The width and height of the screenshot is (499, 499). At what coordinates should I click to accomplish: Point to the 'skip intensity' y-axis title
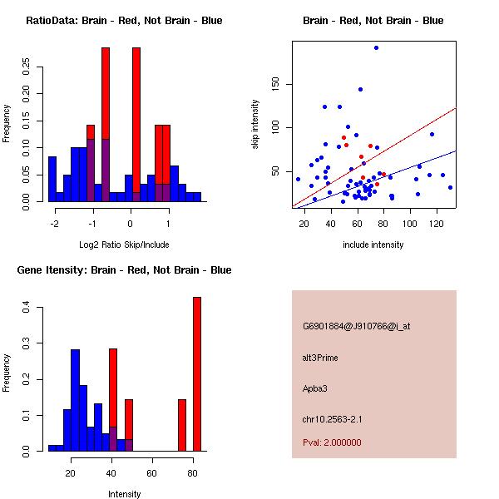[x=256, y=124]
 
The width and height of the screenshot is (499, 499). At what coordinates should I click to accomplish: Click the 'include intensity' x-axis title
[x=373, y=245]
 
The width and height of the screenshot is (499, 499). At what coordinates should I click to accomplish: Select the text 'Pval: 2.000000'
[x=333, y=442]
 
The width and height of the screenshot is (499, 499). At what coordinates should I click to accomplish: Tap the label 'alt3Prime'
[x=320, y=358]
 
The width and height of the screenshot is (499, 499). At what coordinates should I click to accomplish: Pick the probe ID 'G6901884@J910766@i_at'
[x=356, y=326]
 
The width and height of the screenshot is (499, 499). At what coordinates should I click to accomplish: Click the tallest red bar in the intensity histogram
[x=197, y=374]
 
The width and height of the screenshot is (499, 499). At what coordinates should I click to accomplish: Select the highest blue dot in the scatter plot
[x=376, y=48]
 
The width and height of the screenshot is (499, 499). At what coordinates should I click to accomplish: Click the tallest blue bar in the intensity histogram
[x=76, y=400]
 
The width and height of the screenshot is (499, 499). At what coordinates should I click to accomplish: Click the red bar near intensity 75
[x=182, y=425]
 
